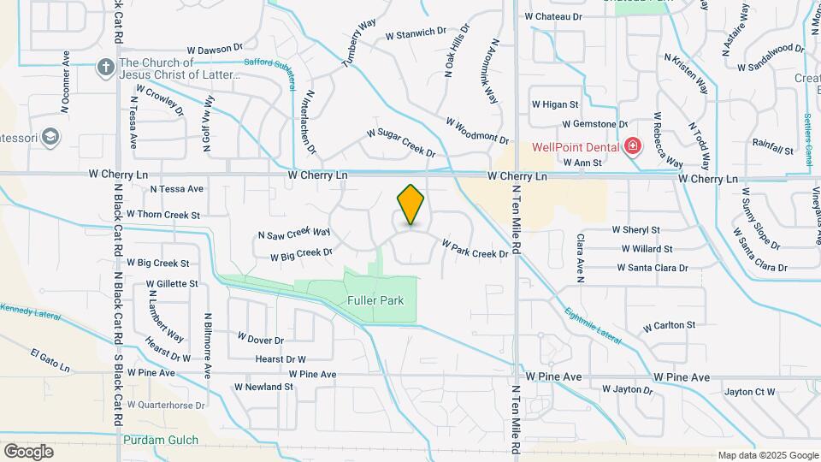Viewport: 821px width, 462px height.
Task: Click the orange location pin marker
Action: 410,205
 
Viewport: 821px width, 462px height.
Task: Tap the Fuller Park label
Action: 375,301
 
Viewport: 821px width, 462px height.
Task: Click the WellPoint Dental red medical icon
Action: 632,146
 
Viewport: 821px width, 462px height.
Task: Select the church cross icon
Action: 105,68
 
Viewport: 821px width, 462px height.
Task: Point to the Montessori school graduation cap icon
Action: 50,137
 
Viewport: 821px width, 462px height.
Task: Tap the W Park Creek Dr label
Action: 475,248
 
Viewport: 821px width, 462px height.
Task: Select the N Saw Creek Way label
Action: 294,233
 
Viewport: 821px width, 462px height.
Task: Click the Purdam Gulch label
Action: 161,441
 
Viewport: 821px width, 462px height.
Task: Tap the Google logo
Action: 28,451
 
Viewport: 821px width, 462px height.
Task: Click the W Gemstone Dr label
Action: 594,124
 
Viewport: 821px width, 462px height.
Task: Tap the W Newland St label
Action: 265,387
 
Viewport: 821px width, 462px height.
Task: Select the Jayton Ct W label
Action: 749,392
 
